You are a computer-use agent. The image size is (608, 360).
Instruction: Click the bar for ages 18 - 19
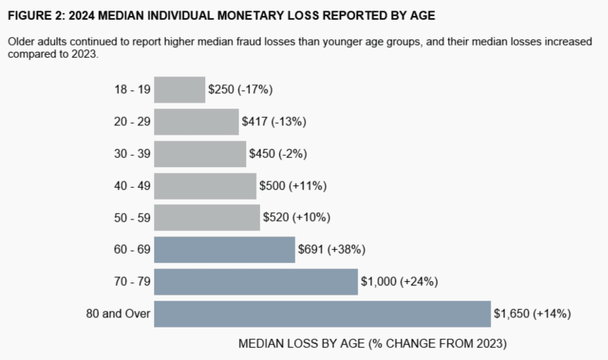pyautogui.click(x=179, y=90)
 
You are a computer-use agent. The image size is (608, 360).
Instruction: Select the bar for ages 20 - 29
pyautogui.click(x=196, y=122)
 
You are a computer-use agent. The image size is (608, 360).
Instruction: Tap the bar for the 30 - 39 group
pyautogui.click(x=200, y=153)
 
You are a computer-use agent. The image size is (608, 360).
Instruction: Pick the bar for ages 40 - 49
pyautogui.click(x=205, y=185)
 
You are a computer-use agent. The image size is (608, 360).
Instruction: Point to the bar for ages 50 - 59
pyautogui.click(x=207, y=217)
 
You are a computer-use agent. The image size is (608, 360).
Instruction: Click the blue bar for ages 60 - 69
pyautogui.click(x=224, y=249)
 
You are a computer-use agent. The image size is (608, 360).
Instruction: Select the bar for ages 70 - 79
pyautogui.click(x=255, y=282)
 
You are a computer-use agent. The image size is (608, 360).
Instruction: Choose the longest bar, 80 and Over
pyautogui.click(x=322, y=314)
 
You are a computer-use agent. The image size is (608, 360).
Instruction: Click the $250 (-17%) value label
pyautogui.click(x=240, y=90)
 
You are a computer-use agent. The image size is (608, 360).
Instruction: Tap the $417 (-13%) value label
pyautogui.click(x=274, y=122)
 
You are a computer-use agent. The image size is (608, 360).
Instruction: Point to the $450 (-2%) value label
pyautogui.click(x=278, y=153)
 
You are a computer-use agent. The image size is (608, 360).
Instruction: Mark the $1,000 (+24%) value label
pyautogui.click(x=400, y=282)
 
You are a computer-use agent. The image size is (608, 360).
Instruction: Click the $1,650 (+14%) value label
pyautogui.click(x=532, y=314)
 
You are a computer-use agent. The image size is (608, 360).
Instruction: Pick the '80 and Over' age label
pyautogui.click(x=118, y=314)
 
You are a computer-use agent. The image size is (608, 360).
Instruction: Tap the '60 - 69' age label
pyautogui.click(x=132, y=249)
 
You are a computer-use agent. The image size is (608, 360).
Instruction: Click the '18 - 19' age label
pyautogui.click(x=132, y=90)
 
